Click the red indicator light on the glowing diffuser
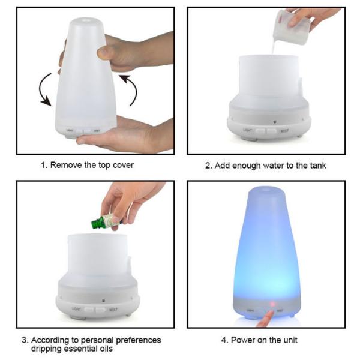coord(272,304)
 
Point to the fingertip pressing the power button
coord(271,313)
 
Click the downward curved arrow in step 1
coord(43,89)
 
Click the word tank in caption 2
coord(318,166)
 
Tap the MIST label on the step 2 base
coord(284,131)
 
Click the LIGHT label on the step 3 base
coord(76,309)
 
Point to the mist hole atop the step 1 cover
coord(86,20)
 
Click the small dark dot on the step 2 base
coord(275,122)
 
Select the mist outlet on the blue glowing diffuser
coord(266,190)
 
